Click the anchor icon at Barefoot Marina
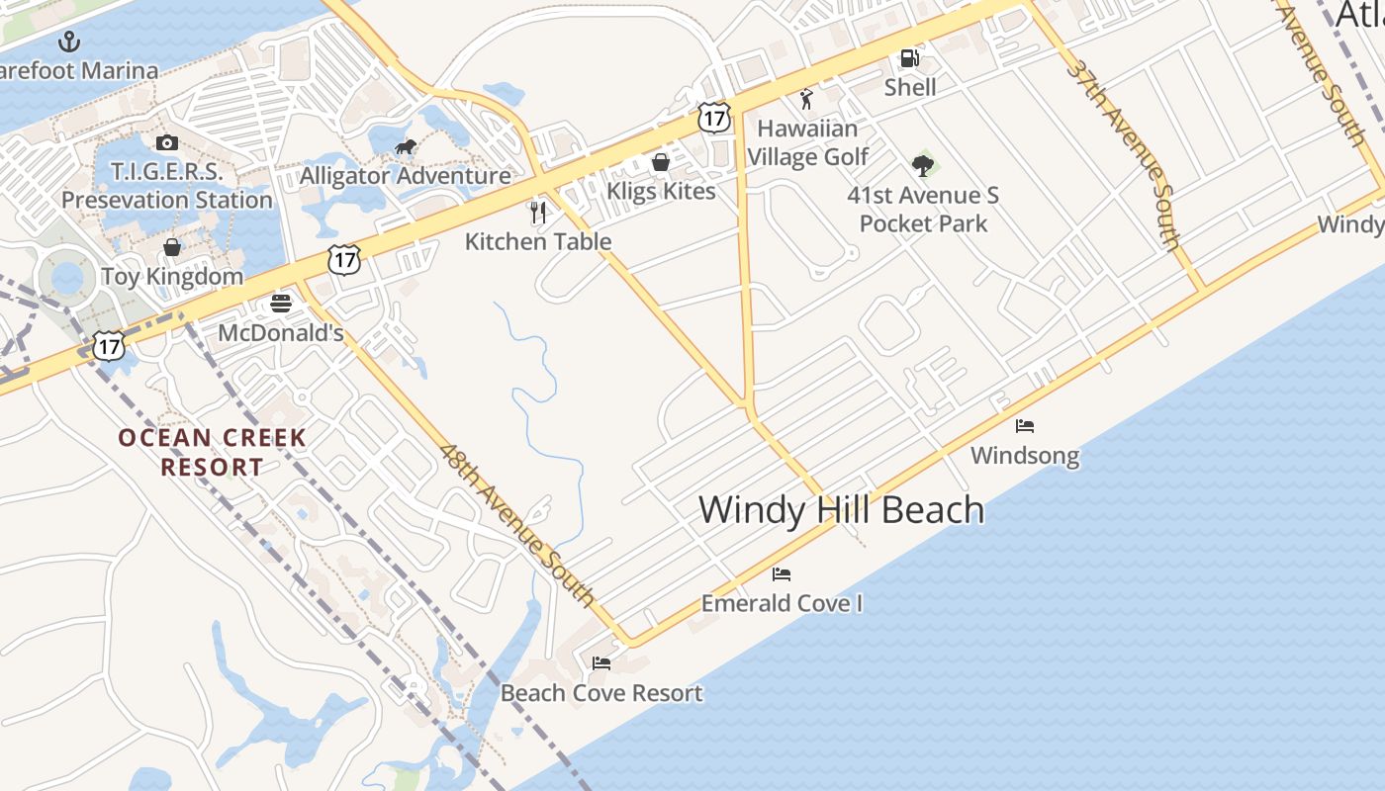coord(69,42)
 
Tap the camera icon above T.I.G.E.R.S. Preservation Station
coord(166,143)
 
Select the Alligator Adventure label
coord(406,176)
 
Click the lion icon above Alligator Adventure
coord(405,148)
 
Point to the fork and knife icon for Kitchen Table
coord(538,212)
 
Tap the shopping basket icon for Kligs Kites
coord(661,162)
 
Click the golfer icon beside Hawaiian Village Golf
coord(806,99)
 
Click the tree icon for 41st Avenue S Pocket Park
coord(923,165)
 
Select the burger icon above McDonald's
coord(281,303)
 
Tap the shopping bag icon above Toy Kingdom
coord(172,247)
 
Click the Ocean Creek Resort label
coord(213,452)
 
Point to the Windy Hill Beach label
coord(842,510)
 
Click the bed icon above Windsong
coord(1025,426)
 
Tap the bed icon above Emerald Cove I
coord(782,574)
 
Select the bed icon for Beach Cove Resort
coord(600,663)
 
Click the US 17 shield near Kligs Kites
coord(713,117)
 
